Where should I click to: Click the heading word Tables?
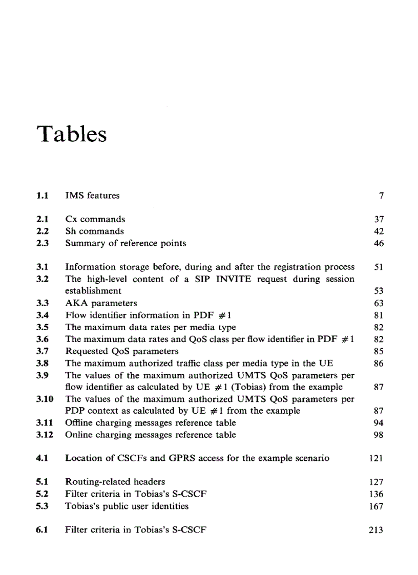point(72,134)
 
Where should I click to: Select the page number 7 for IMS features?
point(381,195)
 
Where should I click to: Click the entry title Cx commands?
point(95,219)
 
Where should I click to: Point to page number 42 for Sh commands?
point(379,231)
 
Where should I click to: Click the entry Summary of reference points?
point(126,243)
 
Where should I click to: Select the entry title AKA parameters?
point(101,303)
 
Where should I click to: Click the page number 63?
point(379,303)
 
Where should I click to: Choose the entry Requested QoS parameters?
point(122,351)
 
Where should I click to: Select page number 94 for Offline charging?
point(379,423)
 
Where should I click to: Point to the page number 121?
point(377,458)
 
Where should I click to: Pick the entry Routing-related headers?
point(115,482)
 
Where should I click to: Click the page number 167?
point(377,506)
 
